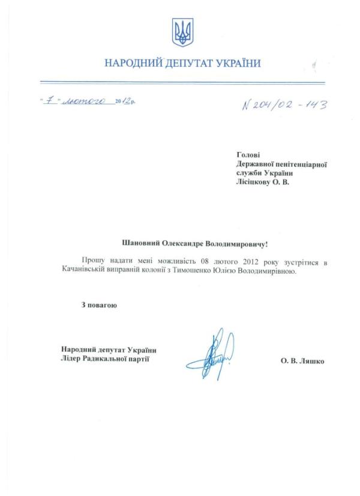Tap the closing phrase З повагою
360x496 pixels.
click(99, 306)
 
